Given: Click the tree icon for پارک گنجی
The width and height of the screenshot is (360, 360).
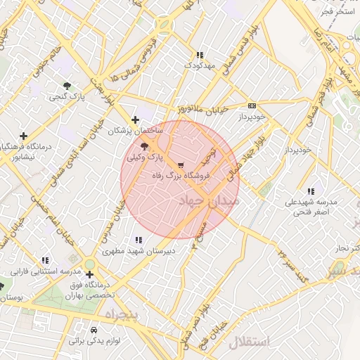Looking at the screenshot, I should tap(67, 86).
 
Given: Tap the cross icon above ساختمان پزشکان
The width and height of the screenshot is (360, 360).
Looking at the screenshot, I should tap(135, 120).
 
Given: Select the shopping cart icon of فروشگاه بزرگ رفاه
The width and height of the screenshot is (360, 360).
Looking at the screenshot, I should tap(181, 165).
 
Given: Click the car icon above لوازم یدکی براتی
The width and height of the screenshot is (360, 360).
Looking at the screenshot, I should tap(94, 329).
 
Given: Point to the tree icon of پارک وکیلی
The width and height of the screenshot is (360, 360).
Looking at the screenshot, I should tap(144, 147).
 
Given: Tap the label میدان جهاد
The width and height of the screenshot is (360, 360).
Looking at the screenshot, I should tap(211, 201).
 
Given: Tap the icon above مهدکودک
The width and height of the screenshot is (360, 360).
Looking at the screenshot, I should tap(199, 54).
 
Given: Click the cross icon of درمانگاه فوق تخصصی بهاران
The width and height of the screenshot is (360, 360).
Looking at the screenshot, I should tap(89, 274).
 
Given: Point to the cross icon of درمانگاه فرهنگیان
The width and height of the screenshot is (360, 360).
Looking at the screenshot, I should tap(24, 136).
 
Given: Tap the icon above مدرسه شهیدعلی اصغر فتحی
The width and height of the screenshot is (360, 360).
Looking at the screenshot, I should tap(311, 191).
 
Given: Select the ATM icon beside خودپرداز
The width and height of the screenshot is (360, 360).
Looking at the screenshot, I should tap(251, 105).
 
